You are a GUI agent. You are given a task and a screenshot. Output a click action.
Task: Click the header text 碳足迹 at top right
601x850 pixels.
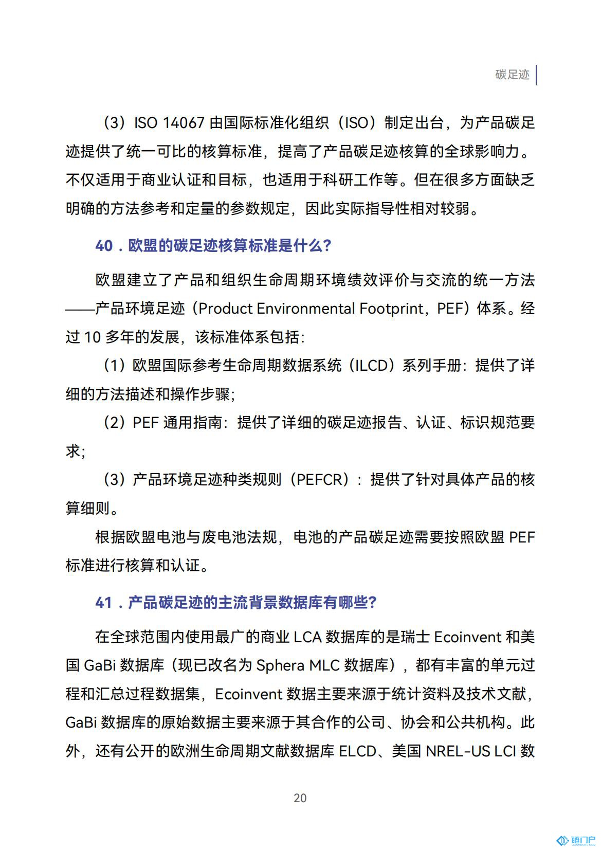pos(512,75)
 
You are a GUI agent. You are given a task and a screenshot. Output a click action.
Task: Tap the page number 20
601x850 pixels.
pos(300,798)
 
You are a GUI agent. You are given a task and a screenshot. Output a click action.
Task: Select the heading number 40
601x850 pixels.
pos(104,246)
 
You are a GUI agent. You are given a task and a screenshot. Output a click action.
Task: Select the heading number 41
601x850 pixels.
pos(103,602)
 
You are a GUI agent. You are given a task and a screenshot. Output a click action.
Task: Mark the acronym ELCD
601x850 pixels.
pos(358,751)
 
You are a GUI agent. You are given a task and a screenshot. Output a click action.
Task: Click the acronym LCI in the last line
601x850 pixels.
pos(505,751)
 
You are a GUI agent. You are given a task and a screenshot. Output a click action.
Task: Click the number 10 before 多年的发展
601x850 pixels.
pos(92,337)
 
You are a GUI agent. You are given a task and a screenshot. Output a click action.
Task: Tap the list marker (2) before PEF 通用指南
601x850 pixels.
pos(114,423)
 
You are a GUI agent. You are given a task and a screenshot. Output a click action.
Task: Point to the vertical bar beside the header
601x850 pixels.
pos(536,75)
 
